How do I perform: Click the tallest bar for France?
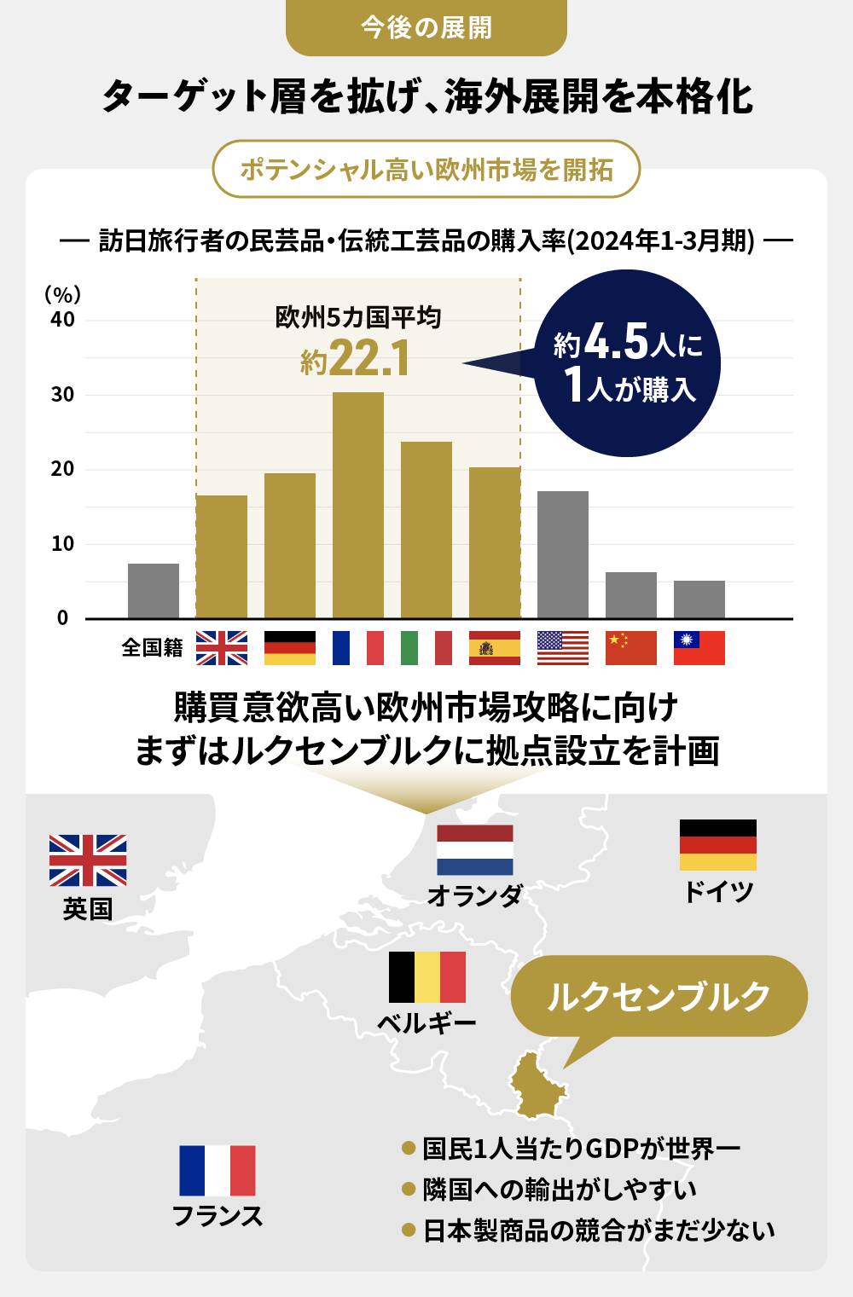pyautogui.click(x=358, y=505)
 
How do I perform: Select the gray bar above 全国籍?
pyautogui.click(x=154, y=591)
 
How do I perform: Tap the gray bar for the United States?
pyautogui.click(x=563, y=554)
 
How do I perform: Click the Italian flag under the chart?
pyautogui.click(x=426, y=648)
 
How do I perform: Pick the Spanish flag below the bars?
pyautogui.click(x=495, y=648)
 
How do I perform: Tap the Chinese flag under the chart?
pyautogui.click(x=631, y=648)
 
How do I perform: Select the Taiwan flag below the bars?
pyautogui.click(x=699, y=648)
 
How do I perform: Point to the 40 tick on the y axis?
pyautogui.click(x=62, y=320)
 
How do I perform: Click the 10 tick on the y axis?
pyautogui.click(x=62, y=544)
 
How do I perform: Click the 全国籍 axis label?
pyautogui.click(x=152, y=648)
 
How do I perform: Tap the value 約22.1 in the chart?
pyautogui.click(x=356, y=358)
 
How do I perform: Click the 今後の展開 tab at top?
pyautogui.click(x=426, y=28)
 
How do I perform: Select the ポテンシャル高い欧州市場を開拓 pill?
pyautogui.click(x=426, y=170)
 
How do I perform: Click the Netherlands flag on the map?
pyautogui.click(x=475, y=849)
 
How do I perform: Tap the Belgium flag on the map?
pyautogui.click(x=427, y=977)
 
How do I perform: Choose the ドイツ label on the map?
pyautogui.click(x=718, y=892)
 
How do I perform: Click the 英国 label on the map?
pyautogui.click(x=88, y=909)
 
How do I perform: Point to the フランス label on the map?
pyautogui.click(x=218, y=1216)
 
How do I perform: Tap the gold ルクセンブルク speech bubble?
pyautogui.click(x=659, y=996)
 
